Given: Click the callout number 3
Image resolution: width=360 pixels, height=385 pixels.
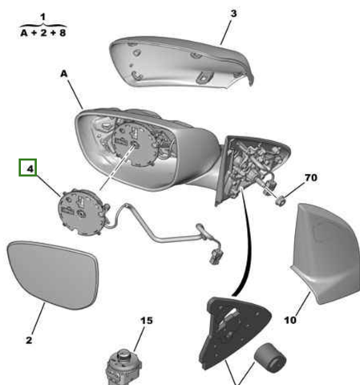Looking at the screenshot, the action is click(233, 14).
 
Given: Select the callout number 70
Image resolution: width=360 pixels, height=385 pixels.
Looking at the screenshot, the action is click(311, 177).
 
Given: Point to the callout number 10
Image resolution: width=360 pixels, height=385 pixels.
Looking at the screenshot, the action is click(290, 320).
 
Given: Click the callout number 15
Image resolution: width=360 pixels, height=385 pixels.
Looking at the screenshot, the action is click(147, 321).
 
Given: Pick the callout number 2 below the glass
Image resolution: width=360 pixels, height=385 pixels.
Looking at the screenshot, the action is click(29, 340).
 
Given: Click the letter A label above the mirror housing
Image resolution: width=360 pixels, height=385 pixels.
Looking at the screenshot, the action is click(64, 74).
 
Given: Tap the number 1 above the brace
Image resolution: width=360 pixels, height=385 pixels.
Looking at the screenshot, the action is click(42, 17).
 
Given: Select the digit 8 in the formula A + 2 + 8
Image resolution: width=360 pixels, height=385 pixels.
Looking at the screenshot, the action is click(63, 33).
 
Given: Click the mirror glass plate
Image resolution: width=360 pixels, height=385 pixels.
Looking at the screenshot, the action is click(54, 274).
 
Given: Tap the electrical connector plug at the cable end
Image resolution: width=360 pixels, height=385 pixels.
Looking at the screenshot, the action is click(216, 256).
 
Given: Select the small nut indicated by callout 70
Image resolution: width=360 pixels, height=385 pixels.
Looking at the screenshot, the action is click(280, 201).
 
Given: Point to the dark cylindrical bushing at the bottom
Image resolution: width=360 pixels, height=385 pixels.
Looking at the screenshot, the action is click(270, 358).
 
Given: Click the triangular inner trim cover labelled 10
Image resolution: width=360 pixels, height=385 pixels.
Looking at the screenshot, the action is click(327, 254).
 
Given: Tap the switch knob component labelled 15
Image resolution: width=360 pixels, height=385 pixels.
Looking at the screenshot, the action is click(123, 367).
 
